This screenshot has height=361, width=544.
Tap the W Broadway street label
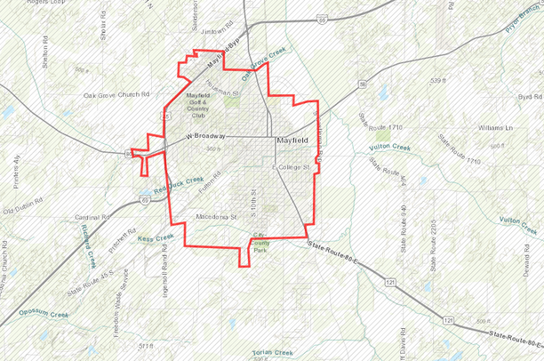click(x=206, y=136)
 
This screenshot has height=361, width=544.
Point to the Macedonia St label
click(x=217, y=216)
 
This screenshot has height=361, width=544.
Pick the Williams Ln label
click(x=495, y=128)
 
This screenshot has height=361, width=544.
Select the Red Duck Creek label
click(x=178, y=184)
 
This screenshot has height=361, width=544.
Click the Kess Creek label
click(x=156, y=237)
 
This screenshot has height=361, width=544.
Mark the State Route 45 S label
click(x=88, y=285)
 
